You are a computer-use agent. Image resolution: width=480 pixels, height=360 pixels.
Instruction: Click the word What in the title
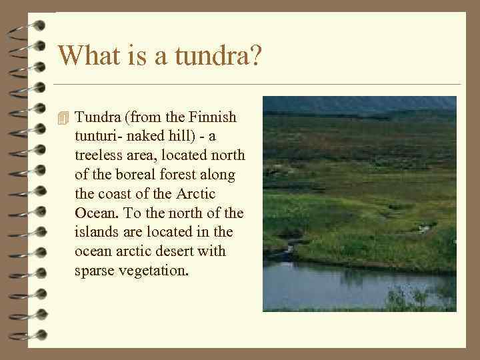87,55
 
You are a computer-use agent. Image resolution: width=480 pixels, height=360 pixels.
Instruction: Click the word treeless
100,155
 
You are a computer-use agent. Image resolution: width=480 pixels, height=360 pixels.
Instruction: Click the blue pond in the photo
333,283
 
